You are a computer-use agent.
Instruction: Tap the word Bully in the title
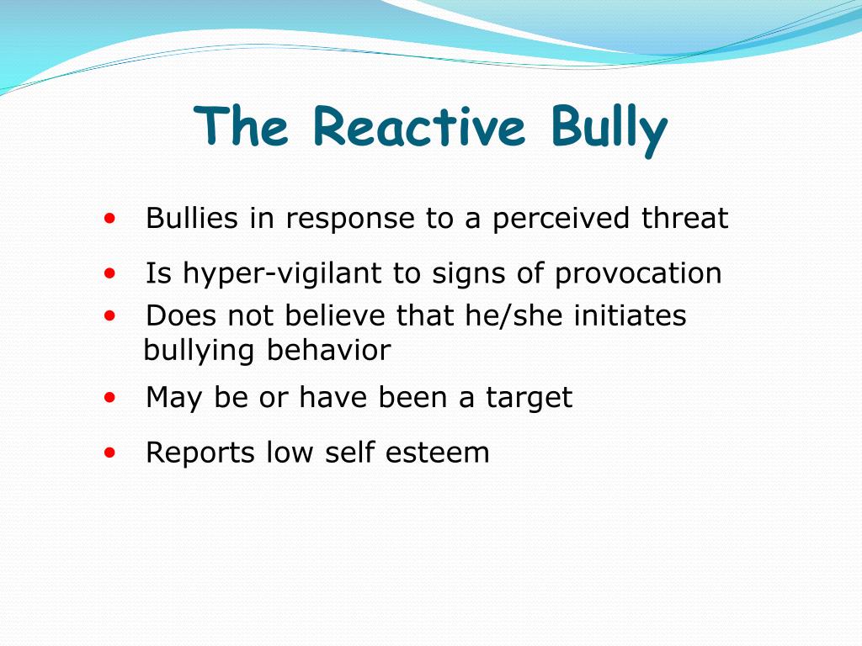pyautogui.click(x=609, y=128)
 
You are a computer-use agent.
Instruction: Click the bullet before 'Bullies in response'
pyautogui.click(x=109, y=219)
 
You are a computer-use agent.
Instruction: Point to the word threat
pyautogui.click(x=684, y=219)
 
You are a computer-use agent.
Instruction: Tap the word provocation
pyautogui.click(x=637, y=273)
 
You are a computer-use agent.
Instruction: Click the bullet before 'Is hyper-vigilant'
pyautogui.click(x=109, y=273)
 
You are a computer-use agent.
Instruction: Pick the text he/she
pyautogui.click(x=514, y=316)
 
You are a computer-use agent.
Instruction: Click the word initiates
pyautogui.click(x=630, y=316)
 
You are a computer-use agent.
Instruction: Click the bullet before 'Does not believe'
pyautogui.click(x=109, y=316)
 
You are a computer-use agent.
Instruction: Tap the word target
pyautogui.click(x=529, y=397)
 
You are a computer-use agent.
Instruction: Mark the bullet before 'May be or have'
pyautogui.click(x=109, y=397)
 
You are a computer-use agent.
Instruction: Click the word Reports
pyautogui.click(x=200, y=453)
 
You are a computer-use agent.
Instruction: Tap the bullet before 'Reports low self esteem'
pyautogui.click(x=109, y=453)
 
